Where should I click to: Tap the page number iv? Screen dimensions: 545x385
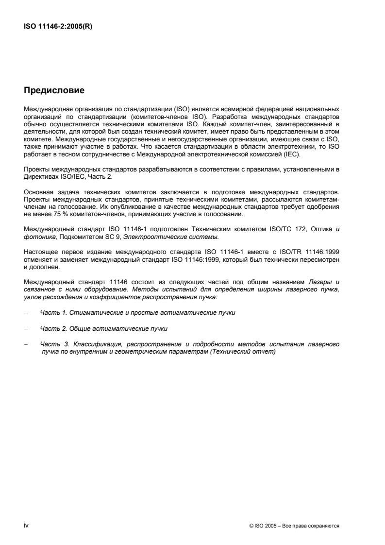point(26,525)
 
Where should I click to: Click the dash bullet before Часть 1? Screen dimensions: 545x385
point(25,312)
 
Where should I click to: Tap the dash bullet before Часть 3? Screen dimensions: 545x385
point(25,344)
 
